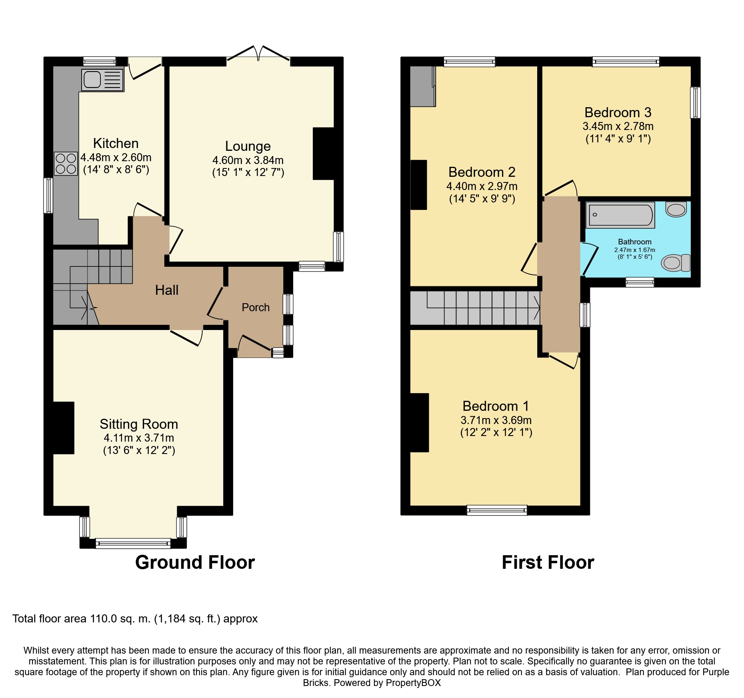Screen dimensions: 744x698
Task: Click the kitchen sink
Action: tap(103, 80)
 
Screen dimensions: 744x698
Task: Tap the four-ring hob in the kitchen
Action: tap(66, 164)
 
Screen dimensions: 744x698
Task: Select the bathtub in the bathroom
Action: tap(620, 215)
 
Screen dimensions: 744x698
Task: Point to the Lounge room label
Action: tap(248, 146)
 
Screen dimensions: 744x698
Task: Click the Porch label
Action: tap(256, 307)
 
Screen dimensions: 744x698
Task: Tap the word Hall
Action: tap(167, 290)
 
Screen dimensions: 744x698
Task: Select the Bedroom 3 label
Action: tap(618, 112)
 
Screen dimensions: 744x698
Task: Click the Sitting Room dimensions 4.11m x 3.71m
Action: tap(139, 438)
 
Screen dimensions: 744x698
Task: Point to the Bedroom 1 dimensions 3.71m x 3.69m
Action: tap(496, 420)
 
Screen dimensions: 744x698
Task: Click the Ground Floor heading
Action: tap(195, 562)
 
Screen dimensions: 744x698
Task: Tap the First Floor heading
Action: tap(548, 562)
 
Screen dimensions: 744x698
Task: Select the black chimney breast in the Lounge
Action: tap(324, 154)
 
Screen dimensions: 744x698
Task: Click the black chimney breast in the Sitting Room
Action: tap(64, 428)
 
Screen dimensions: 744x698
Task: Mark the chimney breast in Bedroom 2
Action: tap(419, 185)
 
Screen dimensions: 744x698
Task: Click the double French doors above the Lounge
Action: tap(258, 55)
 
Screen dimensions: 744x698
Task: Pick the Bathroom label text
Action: tap(635, 242)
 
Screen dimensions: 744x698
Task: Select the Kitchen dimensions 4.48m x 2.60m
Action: tap(116, 158)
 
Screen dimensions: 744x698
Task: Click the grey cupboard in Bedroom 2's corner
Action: tap(423, 86)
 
